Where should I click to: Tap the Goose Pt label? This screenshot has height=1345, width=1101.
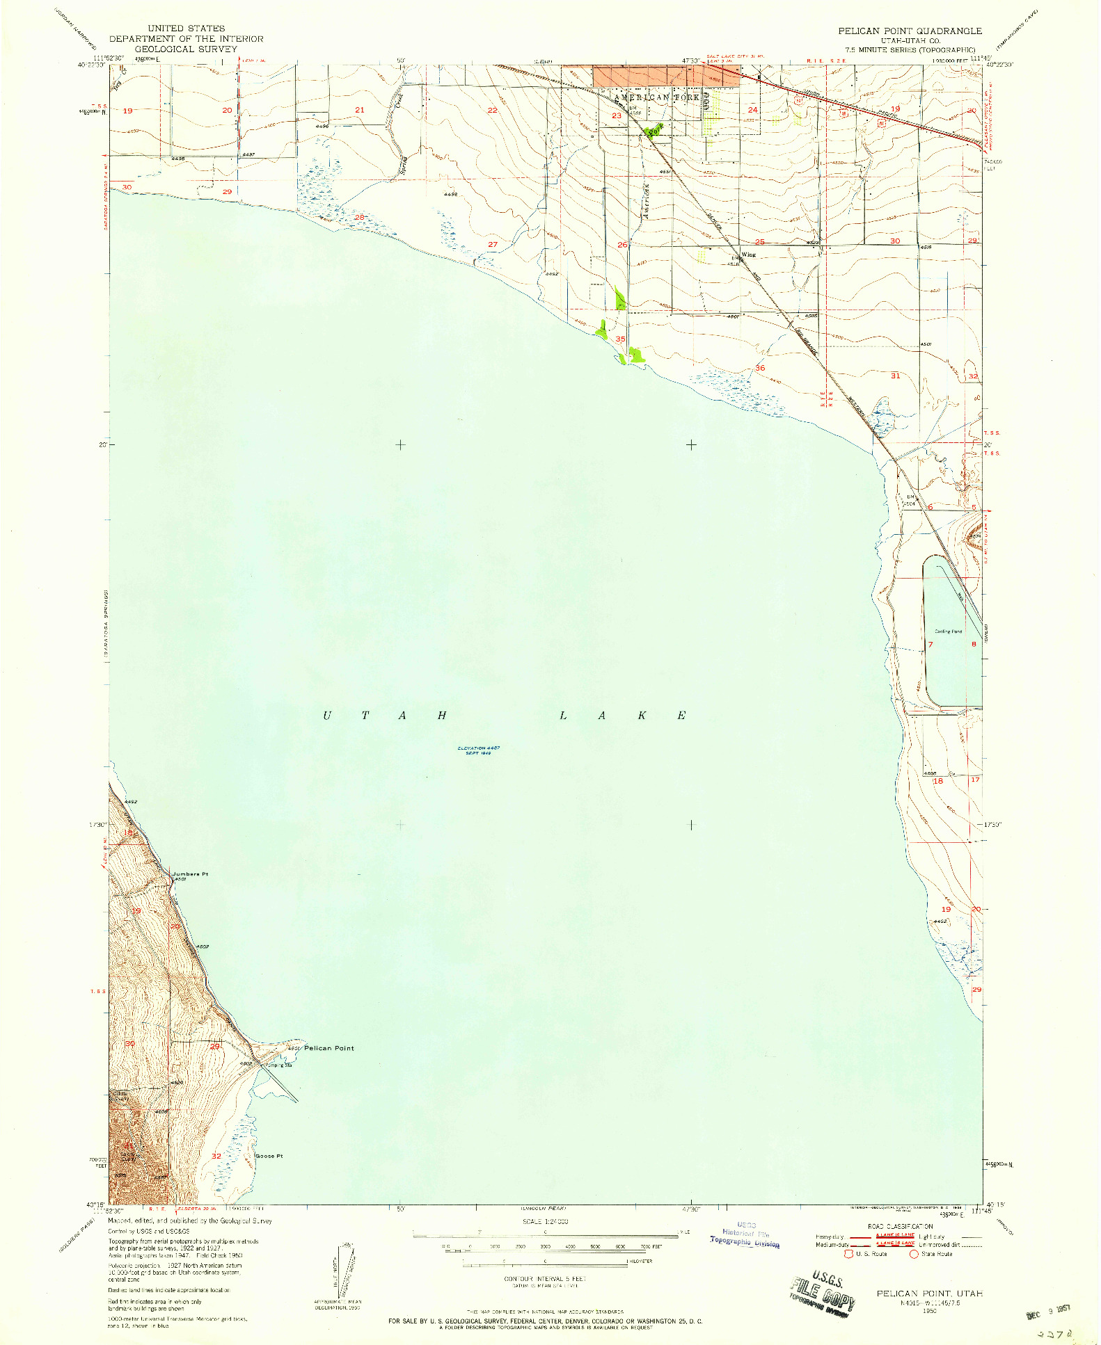point(269,1157)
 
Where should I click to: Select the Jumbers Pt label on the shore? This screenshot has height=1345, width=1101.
point(191,874)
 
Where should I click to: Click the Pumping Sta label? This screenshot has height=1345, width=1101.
point(278,1065)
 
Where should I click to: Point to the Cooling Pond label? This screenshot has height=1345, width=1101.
point(948,631)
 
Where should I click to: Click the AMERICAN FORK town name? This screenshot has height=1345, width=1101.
point(657,97)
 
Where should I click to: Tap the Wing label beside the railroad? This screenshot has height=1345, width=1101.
point(748,255)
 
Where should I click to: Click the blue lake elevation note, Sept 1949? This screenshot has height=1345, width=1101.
point(479,750)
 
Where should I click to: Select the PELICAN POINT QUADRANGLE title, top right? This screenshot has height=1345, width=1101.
point(910,31)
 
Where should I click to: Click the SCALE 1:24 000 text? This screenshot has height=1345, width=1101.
point(545,1221)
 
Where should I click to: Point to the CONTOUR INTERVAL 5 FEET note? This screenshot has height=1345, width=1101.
point(545,1279)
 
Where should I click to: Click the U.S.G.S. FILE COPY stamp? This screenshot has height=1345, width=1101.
point(822,1293)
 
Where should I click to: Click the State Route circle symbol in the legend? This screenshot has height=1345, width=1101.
point(914,1254)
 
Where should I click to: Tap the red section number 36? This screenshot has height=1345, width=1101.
point(760,368)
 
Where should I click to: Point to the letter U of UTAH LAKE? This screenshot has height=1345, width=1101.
point(327,716)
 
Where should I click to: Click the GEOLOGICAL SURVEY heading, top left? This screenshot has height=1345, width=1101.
point(186,49)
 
